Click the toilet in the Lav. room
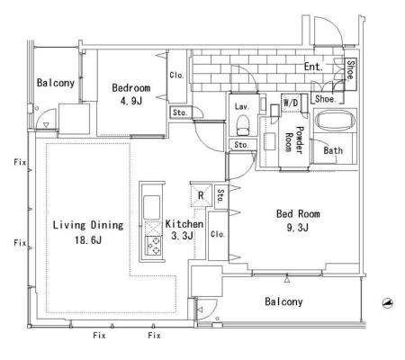coord(243,125)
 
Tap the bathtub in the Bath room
coord(335,121)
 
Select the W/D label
coord(291,103)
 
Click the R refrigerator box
coord(201,195)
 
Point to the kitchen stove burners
coord(153,246)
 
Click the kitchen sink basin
coord(151,207)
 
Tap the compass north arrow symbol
coord(388,303)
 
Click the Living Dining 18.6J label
coord(88,232)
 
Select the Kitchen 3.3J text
coord(184,229)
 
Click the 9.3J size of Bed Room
coord(297,228)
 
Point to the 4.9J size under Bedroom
coord(130,101)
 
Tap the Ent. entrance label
coord(313,67)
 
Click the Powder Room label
coord(294,140)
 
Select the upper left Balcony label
coord(56,83)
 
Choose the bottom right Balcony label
coord(283,301)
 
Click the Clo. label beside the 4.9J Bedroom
coord(176,75)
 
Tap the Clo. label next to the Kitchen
coord(218,234)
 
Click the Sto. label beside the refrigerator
coord(220,195)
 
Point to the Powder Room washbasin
coord(270,141)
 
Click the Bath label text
coord(333,150)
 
